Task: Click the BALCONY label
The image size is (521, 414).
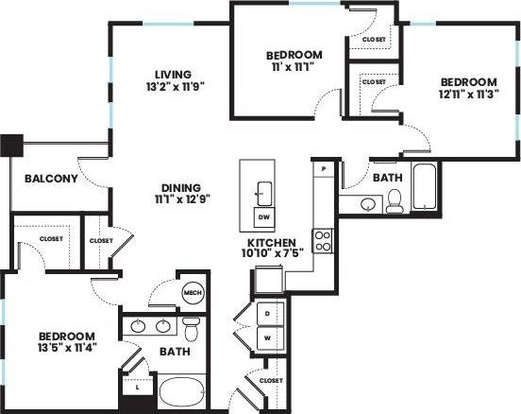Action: (44, 178)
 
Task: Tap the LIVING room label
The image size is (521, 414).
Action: (175, 75)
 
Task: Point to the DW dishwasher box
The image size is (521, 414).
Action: (262, 216)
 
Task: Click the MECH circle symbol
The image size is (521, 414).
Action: (193, 293)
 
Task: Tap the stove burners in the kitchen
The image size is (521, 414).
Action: (324, 239)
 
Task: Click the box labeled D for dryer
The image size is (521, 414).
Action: (267, 312)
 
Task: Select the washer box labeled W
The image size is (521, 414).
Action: (267, 336)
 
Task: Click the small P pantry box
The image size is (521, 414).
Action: (324, 168)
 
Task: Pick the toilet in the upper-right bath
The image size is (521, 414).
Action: (395, 198)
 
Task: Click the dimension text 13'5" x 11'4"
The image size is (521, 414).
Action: (66, 350)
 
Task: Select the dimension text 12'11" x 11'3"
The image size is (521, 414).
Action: (468, 95)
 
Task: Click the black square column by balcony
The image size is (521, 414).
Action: (11, 146)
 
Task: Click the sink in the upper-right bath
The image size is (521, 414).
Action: (367, 202)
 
